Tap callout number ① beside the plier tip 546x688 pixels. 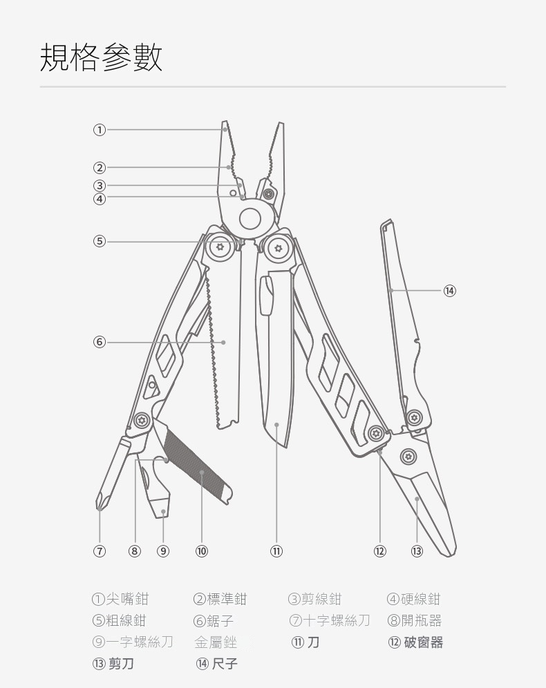tap(100, 129)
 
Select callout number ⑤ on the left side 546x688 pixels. tap(100, 241)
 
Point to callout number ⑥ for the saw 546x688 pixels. tap(100, 342)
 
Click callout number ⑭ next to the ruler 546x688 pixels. tap(450, 291)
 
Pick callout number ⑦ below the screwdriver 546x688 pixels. tap(100, 551)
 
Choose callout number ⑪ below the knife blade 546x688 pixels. tap(276, 551)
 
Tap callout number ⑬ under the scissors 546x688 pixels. tap(417, 551)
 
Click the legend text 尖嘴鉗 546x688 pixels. tap(126, 599)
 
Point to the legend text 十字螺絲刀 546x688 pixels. tap(337, 620)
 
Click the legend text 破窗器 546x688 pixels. tap(424, 642)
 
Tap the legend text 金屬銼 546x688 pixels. tap(216, 642)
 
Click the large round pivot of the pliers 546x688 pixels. tap(250, 219)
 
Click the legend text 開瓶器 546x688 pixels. tap(423, 620)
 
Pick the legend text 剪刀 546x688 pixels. tap(121, 664)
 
